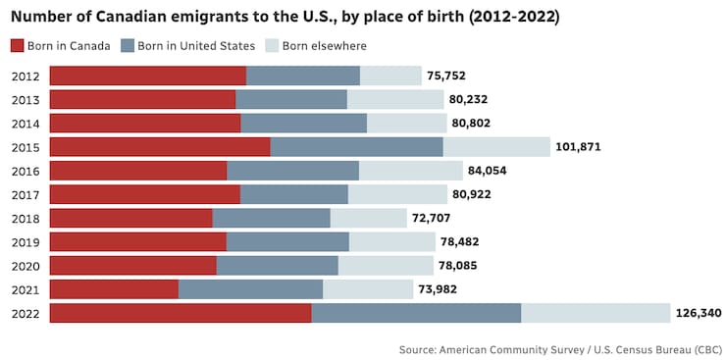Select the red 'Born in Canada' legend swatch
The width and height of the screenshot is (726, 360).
point(18,45)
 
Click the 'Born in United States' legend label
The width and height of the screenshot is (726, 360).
point(196,45)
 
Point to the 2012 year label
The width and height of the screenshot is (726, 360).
point(26,77)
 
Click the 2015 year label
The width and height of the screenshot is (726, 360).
point(26,147)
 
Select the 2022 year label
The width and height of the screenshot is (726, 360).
point(26,313)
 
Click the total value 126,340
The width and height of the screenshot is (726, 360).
point(699,313)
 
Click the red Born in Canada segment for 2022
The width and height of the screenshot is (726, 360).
point(181,313)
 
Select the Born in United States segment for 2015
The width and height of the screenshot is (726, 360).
point(356,147)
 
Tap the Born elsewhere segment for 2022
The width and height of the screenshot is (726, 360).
point(596,313)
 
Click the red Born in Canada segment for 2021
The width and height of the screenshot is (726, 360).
point(114,289)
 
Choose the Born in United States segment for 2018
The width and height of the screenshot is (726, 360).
point(271,218)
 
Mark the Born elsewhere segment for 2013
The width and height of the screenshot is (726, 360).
point(395,100)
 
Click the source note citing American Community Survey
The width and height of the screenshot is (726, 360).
point(560,349)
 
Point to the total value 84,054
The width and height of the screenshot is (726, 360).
point(495,171)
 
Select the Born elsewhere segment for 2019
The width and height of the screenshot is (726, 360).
point(391,241)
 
